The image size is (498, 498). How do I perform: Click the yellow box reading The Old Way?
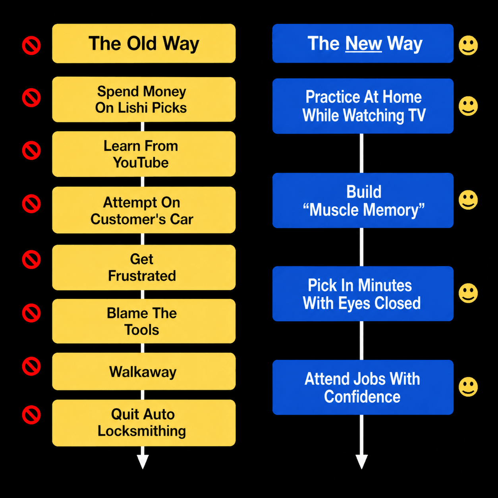point(144,43)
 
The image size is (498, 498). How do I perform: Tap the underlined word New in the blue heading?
point(363,43)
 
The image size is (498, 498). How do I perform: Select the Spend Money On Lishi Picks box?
point(144,100)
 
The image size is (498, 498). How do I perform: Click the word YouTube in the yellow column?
point(141,162)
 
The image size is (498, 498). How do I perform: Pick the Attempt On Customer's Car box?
point(144,210)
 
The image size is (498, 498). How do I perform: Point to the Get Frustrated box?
point(144,268)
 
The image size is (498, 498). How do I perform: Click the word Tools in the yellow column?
point(142,330)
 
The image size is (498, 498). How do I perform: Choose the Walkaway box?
point(144,371)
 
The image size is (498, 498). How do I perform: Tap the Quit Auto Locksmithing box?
point(144,423)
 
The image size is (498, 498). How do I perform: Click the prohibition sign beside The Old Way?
point(31,46)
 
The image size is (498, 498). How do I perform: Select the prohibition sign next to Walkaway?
point(31,367)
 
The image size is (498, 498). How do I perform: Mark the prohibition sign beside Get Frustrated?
point(31,259)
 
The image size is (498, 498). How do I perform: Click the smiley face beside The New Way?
point(468,46)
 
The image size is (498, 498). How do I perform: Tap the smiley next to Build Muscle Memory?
point(468,200)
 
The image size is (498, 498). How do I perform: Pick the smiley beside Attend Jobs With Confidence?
point(468,387)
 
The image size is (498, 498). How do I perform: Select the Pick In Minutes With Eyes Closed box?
point(363,294)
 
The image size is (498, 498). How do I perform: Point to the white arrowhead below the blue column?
point(361,462)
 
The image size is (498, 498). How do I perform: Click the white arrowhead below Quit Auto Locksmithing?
point(143,462)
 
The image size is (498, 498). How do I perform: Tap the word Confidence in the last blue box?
point(362,397)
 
